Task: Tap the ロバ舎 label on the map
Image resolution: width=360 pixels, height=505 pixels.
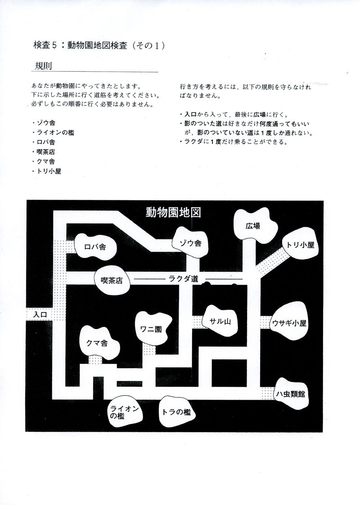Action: [x=95, y=247]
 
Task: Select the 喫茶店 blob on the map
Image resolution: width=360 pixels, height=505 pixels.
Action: [x=112, y=280]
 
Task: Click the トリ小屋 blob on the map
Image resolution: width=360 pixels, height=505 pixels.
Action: [x=300, y=245]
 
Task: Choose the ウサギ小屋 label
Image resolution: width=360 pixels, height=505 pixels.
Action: [x=289, y=323]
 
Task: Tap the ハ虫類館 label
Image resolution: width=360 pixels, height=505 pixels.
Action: [x=291, y=394]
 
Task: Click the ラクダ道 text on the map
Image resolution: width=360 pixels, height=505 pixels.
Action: [x=183, y=279]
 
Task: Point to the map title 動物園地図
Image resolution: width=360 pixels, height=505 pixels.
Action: [x=172, y=212]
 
